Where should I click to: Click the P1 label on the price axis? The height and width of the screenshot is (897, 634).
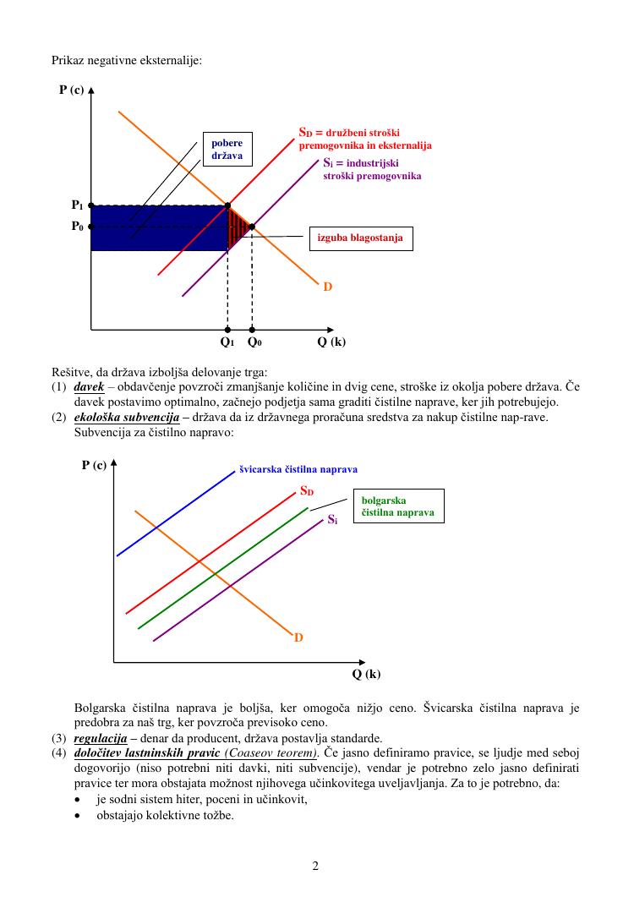(77, 205)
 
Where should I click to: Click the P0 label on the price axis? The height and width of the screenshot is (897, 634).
(77, 227)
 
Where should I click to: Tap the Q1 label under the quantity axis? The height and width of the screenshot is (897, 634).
(227, 342)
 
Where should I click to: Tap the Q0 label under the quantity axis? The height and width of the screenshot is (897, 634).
(254, 342)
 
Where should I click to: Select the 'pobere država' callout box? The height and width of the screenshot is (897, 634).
(227, 150)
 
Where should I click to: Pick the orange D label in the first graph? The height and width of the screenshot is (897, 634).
(327, 287)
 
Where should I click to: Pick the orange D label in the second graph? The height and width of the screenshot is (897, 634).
(298, 637)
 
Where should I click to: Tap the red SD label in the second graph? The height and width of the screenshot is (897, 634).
(307, 490)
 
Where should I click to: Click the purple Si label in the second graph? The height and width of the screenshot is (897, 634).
(332, 519)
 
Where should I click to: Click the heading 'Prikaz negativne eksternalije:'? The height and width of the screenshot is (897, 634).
(126, 60)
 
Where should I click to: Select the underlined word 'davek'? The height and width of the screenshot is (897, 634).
(89, 387)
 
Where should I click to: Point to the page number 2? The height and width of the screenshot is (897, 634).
(315, 866)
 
